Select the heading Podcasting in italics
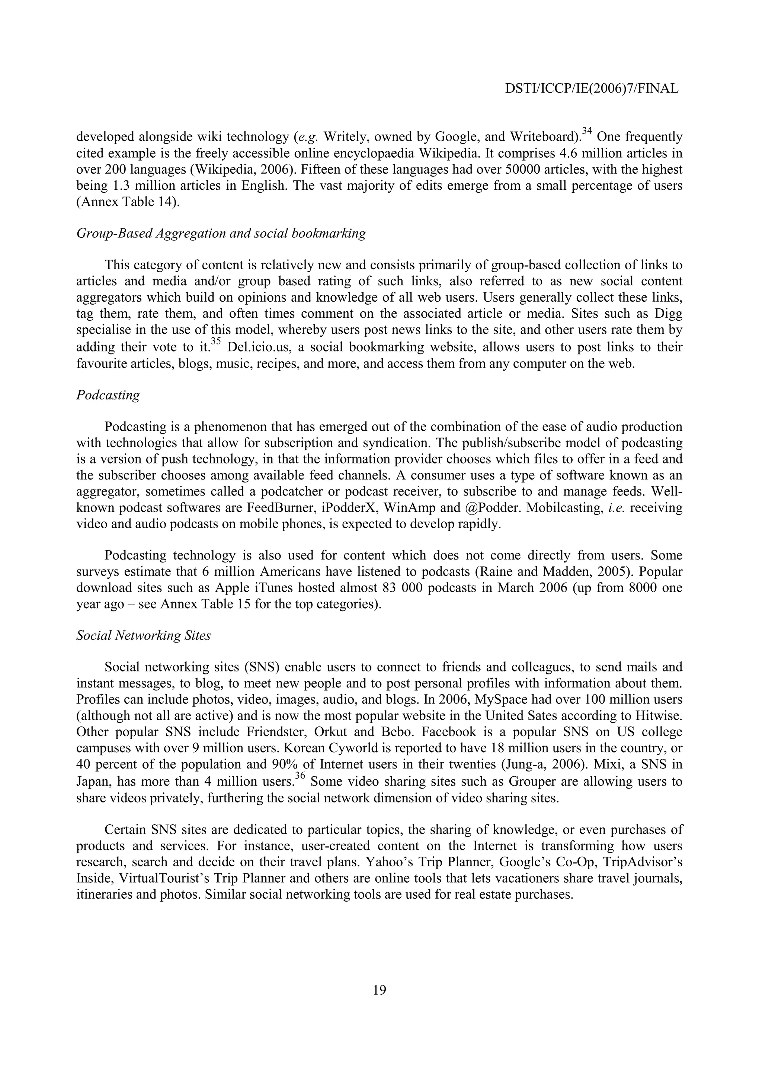(x=108, y=395)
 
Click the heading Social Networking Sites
(x=143, y=635)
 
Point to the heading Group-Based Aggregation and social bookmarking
(x=221, y=233)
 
